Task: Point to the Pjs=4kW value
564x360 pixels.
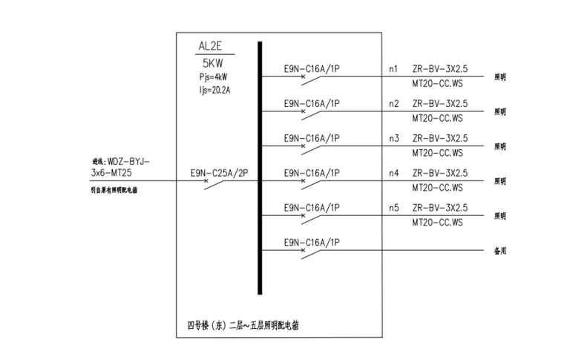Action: pos(214,76)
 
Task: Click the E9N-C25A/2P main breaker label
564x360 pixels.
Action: pos(218,173)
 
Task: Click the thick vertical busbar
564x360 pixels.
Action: pos(260,167)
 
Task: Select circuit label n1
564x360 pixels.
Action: pos(393,69)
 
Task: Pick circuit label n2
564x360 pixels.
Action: pos(393,103)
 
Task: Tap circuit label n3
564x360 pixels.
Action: pos(393,138)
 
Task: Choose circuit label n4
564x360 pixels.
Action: pos(393,173)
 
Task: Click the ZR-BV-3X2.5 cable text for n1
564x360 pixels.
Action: pos(440,69)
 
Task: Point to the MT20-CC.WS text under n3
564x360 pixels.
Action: pos(437,153)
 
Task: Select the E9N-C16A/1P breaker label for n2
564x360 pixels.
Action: pos(312,103)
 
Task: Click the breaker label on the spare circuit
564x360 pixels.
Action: pos(312,242)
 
